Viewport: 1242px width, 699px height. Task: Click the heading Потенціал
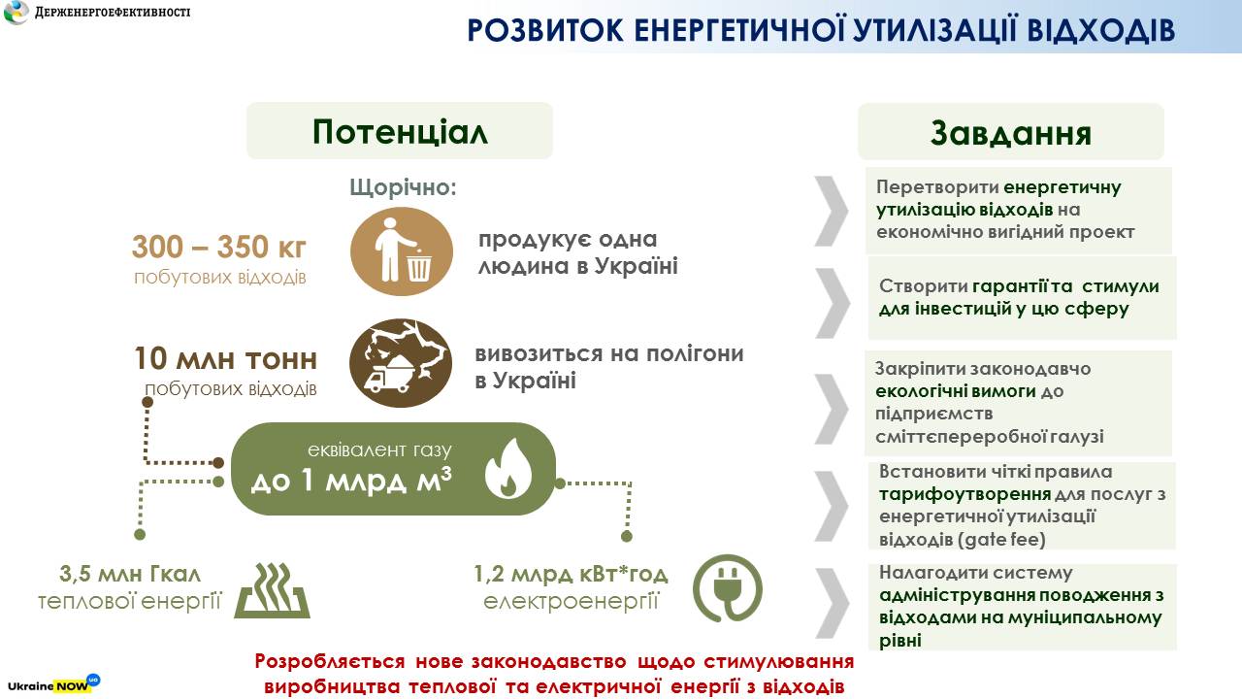tap(400, 132)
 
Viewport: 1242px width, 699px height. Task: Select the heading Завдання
tap(1011, 133)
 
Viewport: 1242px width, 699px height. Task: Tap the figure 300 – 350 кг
tap(219, 247)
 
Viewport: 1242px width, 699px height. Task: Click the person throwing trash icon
tap(402, 251)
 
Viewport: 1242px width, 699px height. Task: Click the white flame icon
tap(507, 468)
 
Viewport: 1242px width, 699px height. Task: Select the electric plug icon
tap(728, 588)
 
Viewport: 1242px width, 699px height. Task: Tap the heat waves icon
tap(273, 591)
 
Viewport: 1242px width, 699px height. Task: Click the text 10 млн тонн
tap(226, 359)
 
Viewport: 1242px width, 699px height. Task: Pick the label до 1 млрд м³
tap(351, 480)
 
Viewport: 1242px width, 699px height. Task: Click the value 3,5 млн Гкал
tap(130, 574)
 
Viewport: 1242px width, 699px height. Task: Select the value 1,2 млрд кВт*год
tap(571, 574)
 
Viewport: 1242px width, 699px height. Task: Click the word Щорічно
tap(403, 187)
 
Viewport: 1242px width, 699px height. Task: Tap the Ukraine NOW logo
tap(53, 684)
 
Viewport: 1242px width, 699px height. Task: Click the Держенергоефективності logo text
tap(113, 12)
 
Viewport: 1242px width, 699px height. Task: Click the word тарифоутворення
tap(964, 494)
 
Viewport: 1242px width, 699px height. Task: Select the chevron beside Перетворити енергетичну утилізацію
tap(832, 212)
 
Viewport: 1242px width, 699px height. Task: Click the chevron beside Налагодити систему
tap(833, 604)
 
